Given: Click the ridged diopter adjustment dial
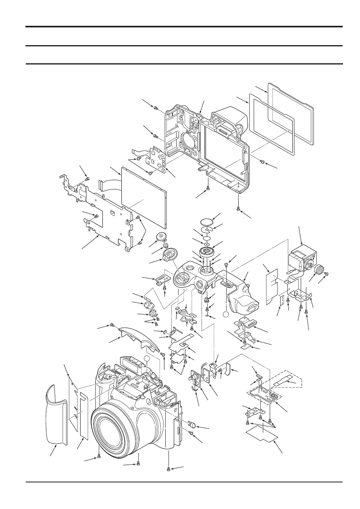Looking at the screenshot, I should click(319, 270).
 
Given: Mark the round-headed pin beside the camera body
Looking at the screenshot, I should click(193, 424).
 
